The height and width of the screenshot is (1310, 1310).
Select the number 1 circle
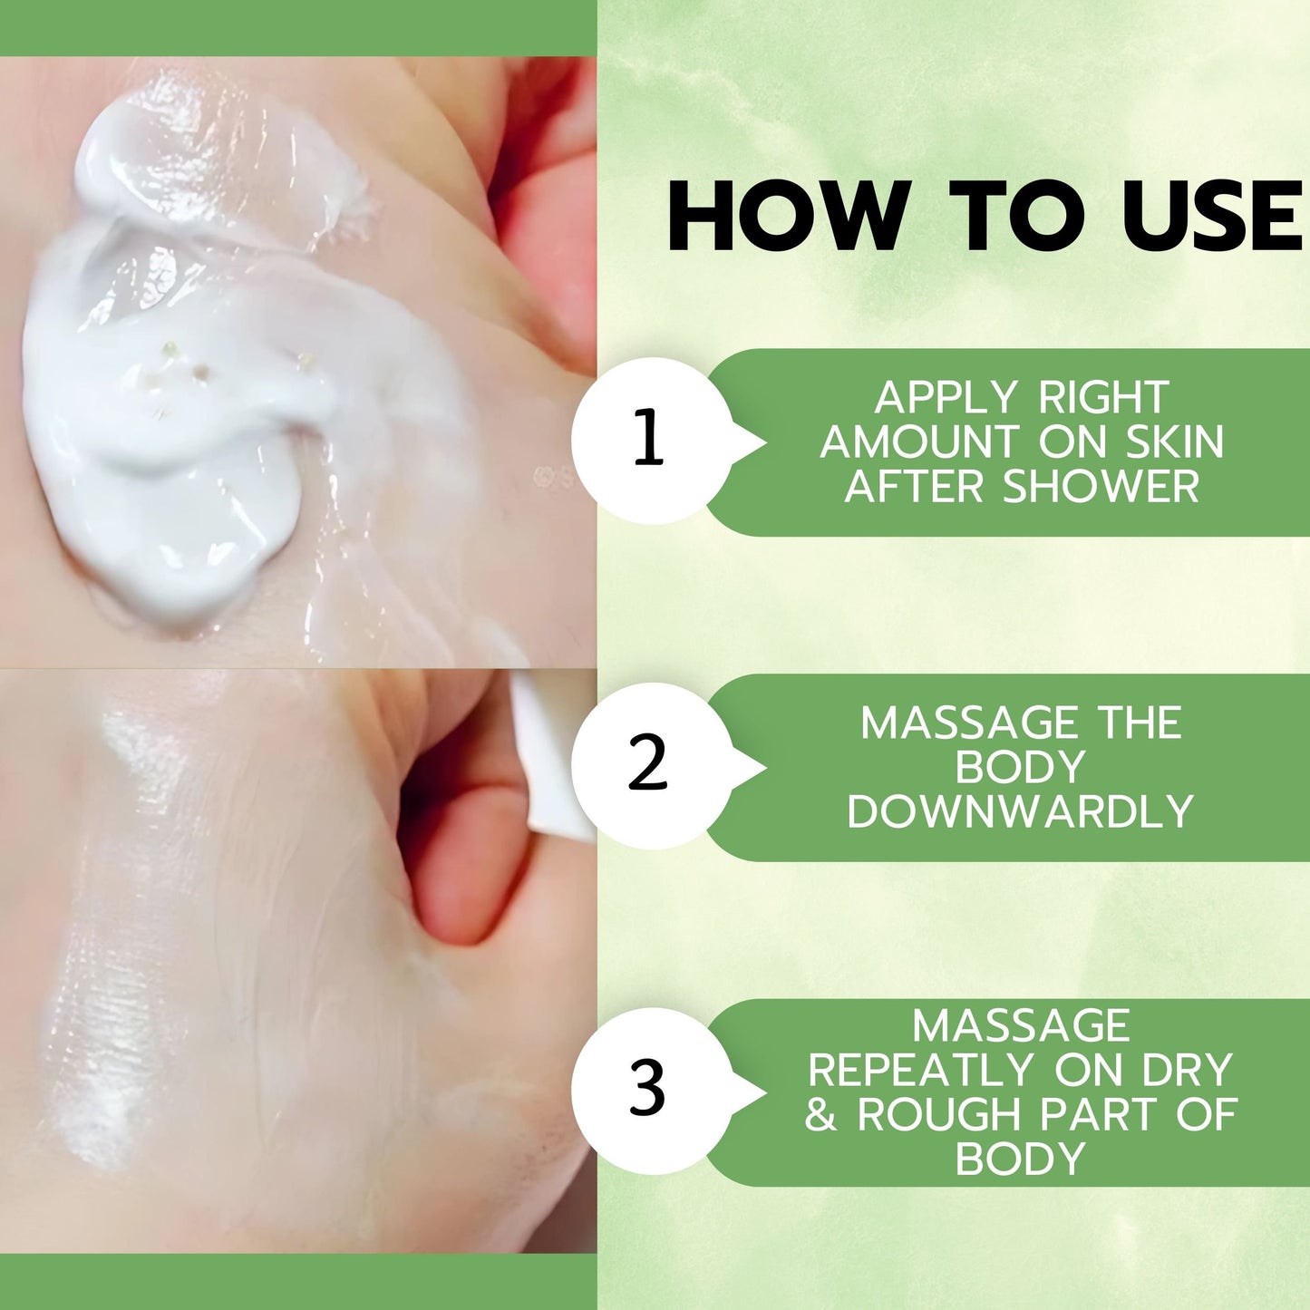pyautogui.click(x=652, y=441)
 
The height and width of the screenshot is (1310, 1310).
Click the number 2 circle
pyautogui.click(x=652, y=766)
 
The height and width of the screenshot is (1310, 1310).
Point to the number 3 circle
pyautogui.click(x=652, y=1092)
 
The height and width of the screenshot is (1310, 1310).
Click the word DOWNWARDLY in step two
pyautogui.click(x=1020, y=811)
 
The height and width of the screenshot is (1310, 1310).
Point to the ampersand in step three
pyautogui.click(x=820, y=1115)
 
